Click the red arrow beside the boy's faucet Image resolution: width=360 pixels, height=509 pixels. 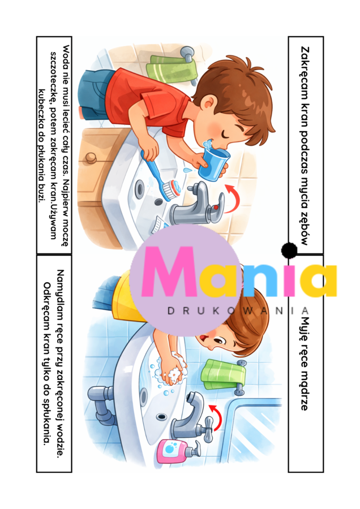pyautogui.click(x=232, y=197)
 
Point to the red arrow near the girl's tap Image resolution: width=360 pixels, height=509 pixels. pyautogui.click(x=215, y=417)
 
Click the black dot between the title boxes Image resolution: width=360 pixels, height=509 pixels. pyautogui.click(x=289, y=250)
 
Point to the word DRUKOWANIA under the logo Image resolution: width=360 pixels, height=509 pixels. pyautogui.click(x=238, y=311)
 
